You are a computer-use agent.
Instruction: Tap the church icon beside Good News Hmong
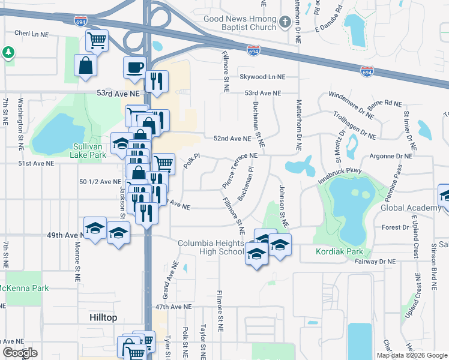(x=286, y=23)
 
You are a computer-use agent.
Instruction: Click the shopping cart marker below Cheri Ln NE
(x=97, y=40)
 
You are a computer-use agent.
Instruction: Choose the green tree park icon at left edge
(x=8, y=53)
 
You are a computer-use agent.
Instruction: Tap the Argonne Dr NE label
(x=392, y=156)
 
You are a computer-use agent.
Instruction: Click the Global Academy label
(x=411, y=208)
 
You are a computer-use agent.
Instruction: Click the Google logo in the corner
(x=20, y=353)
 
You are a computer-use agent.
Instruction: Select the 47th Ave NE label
(x=173, y=306)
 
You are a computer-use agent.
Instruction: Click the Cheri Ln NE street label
(x=31, y=33)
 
